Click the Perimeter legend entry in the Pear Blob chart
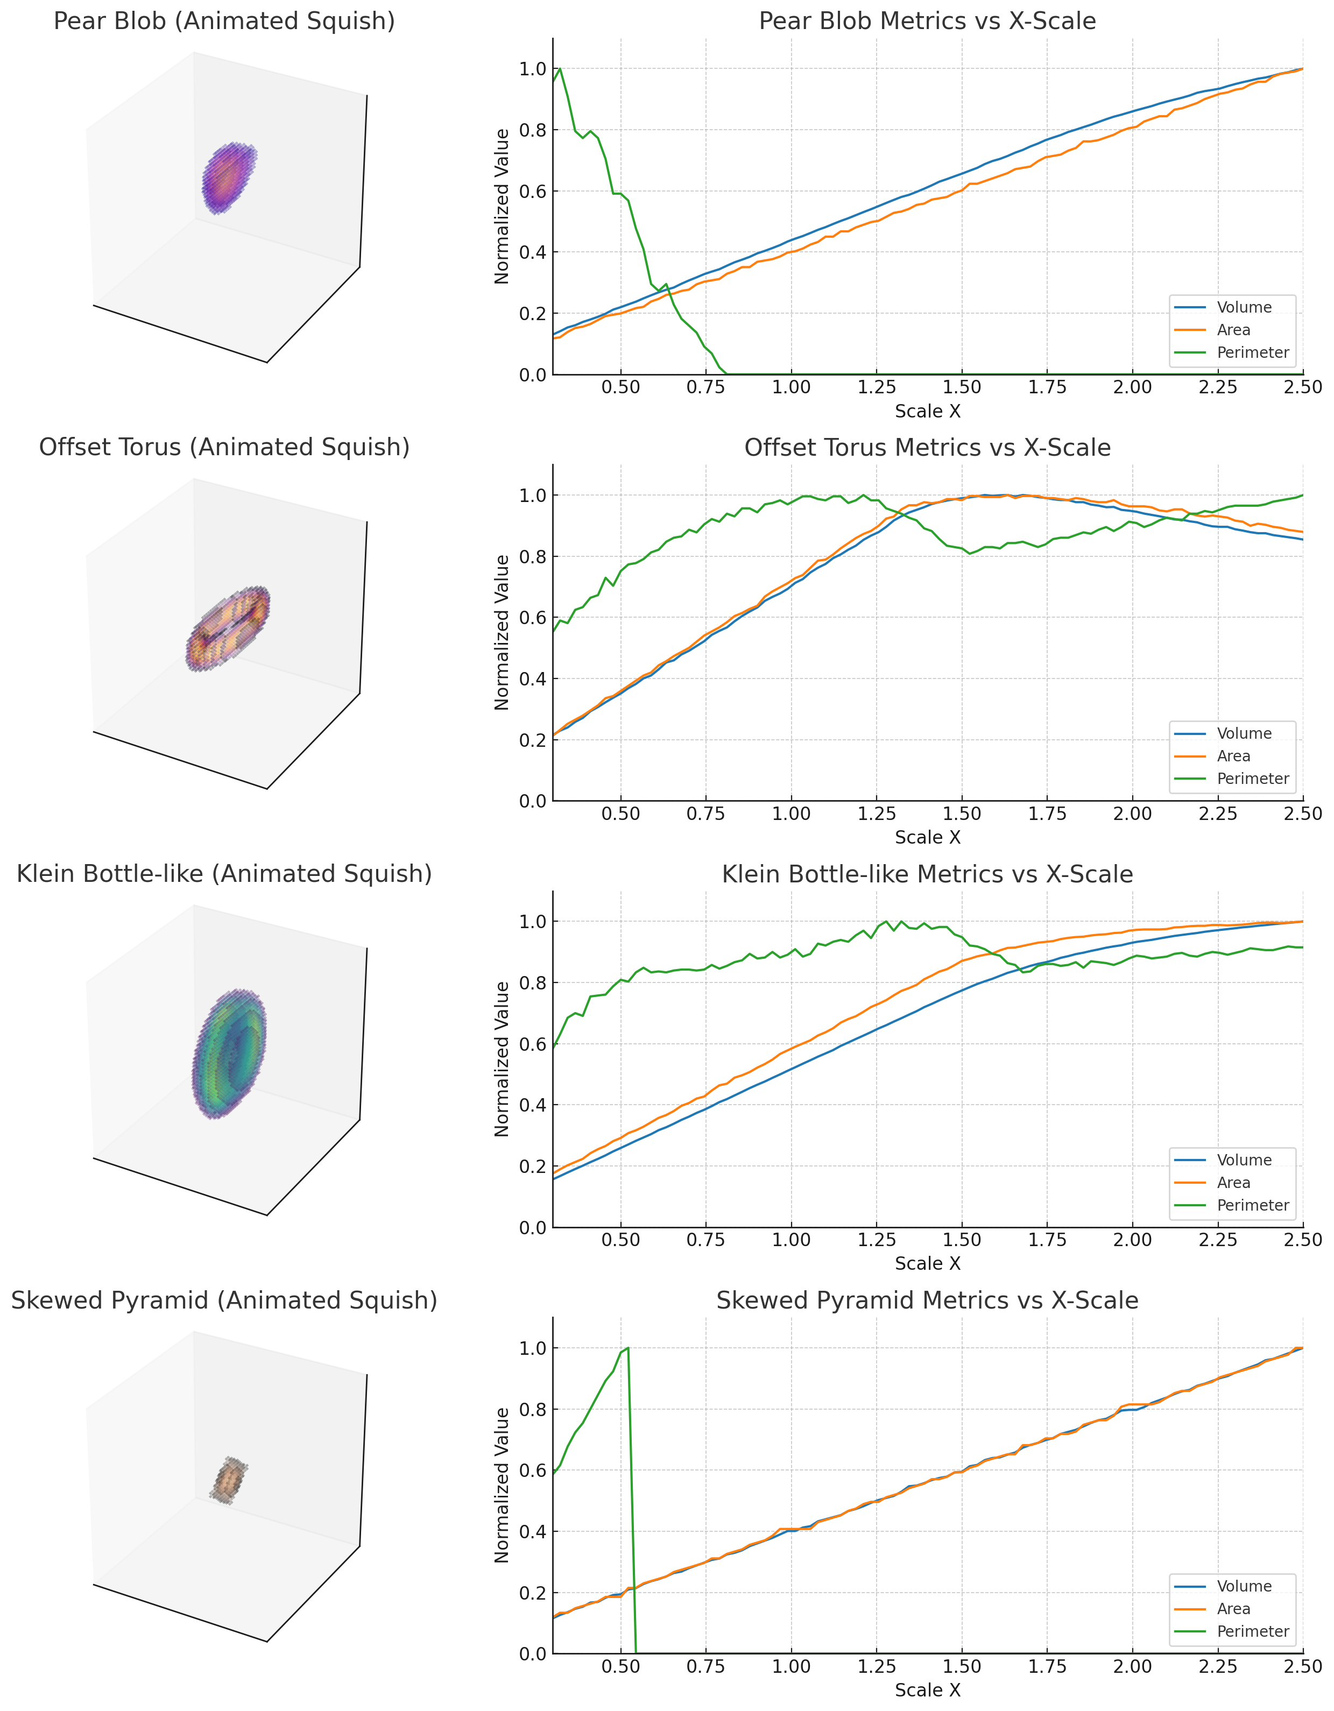(1252, 352)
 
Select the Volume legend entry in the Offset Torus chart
(1244, 733)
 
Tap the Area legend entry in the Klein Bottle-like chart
(1234, 1182)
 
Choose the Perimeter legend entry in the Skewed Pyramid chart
(1252, 1631)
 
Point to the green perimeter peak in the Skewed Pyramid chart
(628, 1348)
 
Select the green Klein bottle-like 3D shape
(230, 1053)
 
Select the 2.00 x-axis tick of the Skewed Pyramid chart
(1132, 1666)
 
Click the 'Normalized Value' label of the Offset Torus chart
(502, 632)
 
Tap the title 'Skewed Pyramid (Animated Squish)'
(224, 1300)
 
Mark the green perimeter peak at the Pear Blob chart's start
(559, 69)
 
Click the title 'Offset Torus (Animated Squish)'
(224, 447)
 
